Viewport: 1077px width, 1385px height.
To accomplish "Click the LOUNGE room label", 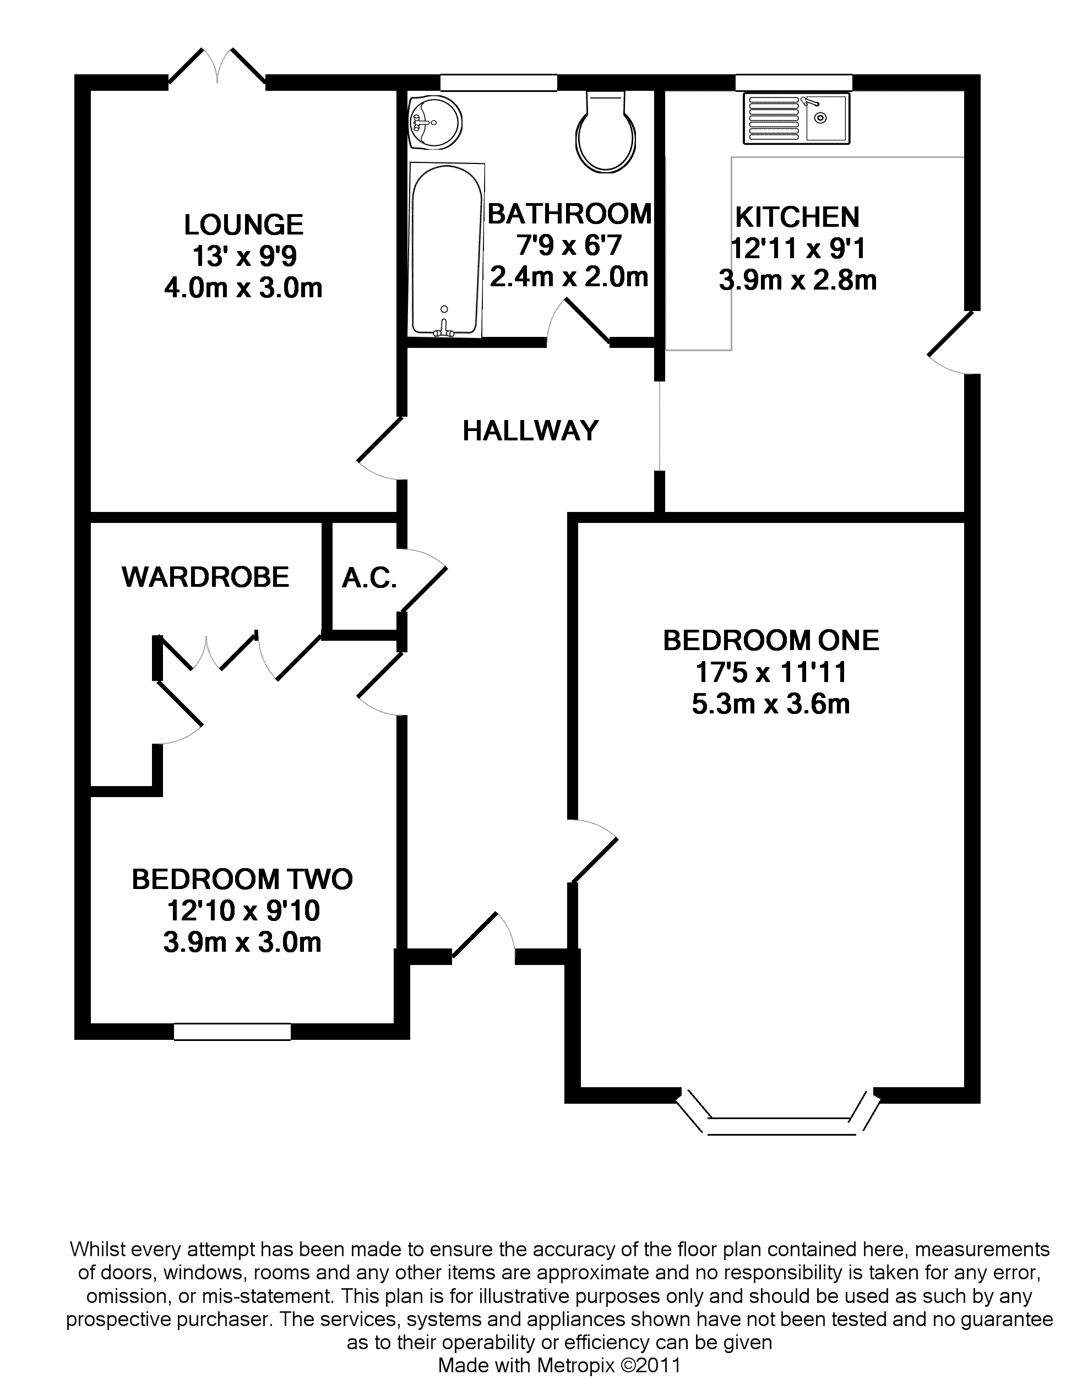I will [243, 225].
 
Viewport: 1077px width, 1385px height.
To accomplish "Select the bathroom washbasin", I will [435, 122].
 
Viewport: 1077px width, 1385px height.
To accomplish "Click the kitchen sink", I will [797, 118].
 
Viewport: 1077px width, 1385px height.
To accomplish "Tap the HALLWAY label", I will [530, 431].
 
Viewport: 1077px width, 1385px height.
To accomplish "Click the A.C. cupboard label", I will [369, 577].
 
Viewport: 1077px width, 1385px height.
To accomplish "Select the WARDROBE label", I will [205, 577].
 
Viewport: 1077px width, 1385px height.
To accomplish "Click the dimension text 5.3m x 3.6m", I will [771, 705].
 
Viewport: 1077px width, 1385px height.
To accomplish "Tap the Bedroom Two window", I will [232, 1032].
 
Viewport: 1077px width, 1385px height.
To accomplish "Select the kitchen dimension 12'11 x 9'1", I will [798, 249].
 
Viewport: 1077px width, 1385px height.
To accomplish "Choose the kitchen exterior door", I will [951, 342].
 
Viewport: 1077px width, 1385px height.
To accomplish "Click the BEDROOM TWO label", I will [242, 880].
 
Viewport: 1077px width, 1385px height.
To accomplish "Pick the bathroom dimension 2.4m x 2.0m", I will [569, 277].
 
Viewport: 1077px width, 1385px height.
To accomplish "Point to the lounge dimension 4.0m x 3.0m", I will [243, 288].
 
